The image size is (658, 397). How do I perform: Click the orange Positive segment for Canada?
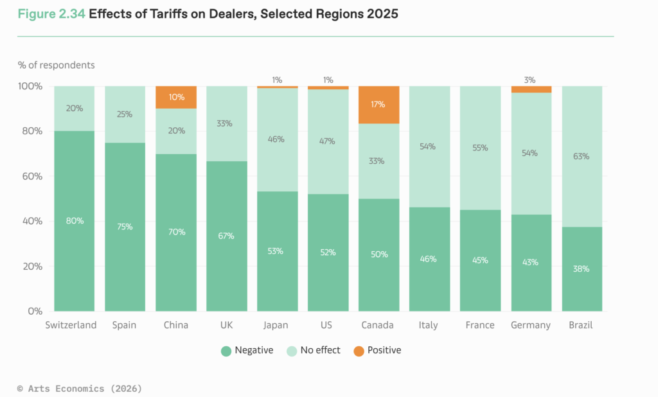[379, 105]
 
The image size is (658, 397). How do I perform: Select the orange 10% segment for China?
[176, 97]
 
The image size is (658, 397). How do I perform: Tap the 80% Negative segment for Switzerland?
[74, 221]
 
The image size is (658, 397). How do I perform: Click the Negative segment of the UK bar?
[226, 236]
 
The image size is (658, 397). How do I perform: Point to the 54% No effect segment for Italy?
[429, 146]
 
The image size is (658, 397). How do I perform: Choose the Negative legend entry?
[247, 350]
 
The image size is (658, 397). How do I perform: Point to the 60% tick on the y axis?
[31, 176]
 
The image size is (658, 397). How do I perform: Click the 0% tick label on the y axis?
[34, 312]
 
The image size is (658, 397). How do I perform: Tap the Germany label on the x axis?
[531, 325]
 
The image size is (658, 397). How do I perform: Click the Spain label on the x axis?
[124, 325]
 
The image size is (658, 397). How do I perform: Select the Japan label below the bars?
[276, 325]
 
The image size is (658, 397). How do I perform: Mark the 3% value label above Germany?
[530, 80]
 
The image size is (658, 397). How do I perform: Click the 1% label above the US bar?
[328, 80]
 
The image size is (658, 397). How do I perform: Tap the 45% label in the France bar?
[480, 260]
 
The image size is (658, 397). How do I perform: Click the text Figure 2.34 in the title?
[51, 14]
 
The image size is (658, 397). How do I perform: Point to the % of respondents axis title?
[56, 65]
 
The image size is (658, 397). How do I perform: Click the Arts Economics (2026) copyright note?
[80, 388]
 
